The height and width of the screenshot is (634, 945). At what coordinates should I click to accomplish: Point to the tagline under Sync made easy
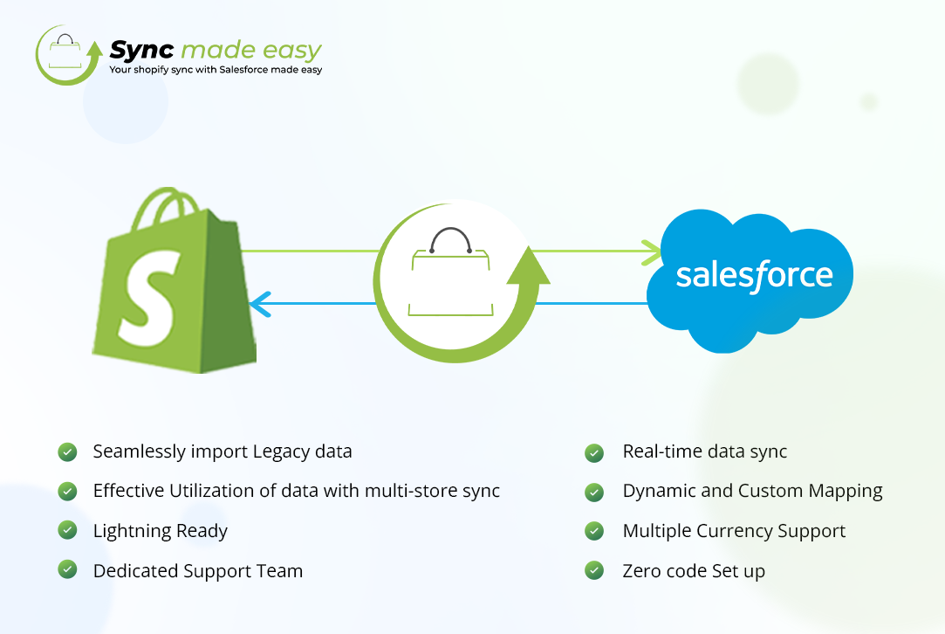click(x=216, y=70)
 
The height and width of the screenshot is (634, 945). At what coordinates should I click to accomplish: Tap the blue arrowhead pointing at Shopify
click(x=257, y=304)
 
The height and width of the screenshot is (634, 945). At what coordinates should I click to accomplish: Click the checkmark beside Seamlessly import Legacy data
click(x=67, y=451)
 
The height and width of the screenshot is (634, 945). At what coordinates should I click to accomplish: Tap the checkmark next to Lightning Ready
click(x=67, y=530)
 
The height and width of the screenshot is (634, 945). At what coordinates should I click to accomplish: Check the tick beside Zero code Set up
click(x=594, y=571)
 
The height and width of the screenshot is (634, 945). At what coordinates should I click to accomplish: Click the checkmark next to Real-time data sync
click(x=594, y=452)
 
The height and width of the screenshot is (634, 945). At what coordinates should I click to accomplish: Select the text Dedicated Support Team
click(x=198, y=571)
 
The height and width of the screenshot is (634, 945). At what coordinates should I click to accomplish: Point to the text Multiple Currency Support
click(x=734, y=531)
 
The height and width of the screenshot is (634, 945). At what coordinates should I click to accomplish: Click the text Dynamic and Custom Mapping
click(x=752, y=491)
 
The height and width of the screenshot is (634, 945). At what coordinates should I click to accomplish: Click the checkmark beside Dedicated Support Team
click(x=67, y=570)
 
